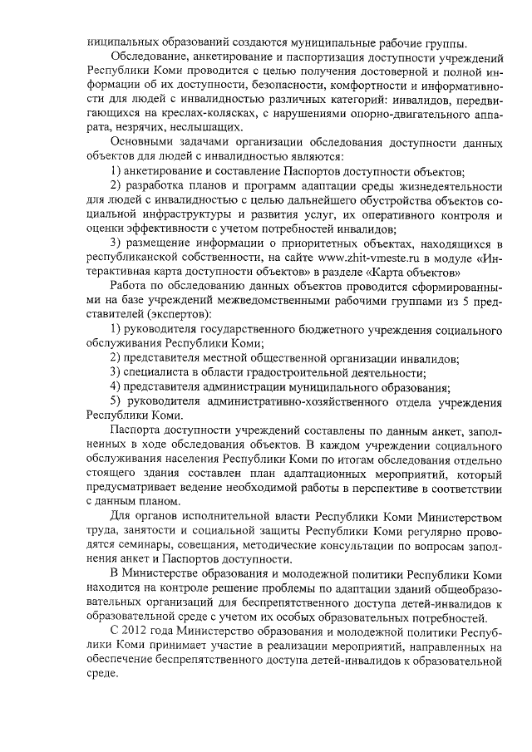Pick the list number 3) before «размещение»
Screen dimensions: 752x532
click(x=117, y=243)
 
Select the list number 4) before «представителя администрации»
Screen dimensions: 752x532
click(x=117, y=387)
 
